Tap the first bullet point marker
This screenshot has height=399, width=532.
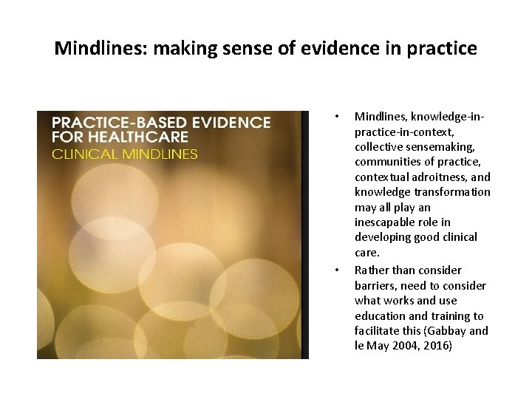336,116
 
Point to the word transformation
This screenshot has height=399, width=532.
454,192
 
